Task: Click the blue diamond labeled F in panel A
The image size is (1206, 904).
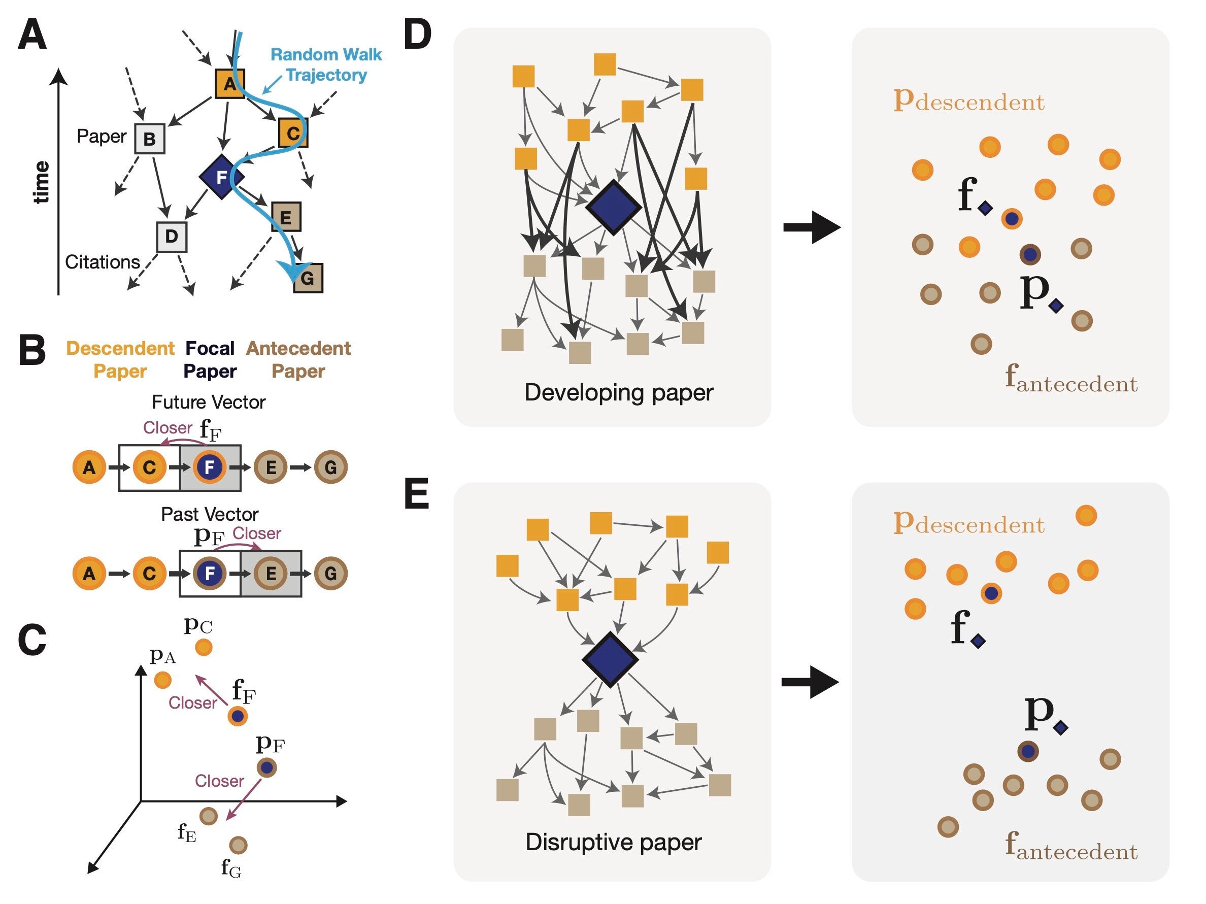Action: (x=221, y=177)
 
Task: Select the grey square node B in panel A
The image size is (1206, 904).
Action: (x=149, y=139)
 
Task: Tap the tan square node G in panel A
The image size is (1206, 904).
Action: (x=308, y=278)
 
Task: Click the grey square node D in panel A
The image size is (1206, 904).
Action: (x=172, y=237)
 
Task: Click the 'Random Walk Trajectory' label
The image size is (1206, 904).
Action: (x=326, y=64)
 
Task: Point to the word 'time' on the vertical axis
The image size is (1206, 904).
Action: (x=42, y=182)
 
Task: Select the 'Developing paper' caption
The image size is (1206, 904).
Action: (x=618, y=392)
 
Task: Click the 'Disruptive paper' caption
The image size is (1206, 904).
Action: (x=613, y=843)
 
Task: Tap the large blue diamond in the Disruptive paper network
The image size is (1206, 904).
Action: (x=610, y=659)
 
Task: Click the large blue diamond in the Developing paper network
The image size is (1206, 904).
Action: (x=613, y=207)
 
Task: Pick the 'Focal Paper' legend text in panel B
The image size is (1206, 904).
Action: (x=210, y=359)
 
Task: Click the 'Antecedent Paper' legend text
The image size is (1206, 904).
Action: (x=298, y=359)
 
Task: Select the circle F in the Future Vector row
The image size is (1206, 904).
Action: (x=209, y=467)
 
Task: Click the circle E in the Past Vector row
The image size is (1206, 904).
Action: (x=271, y=574)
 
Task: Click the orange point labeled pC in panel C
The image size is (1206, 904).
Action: (x=204, y=647)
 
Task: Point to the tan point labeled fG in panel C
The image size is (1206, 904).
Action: (x=238, y=845)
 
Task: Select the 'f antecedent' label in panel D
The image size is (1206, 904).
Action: (x=1071, y=380)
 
